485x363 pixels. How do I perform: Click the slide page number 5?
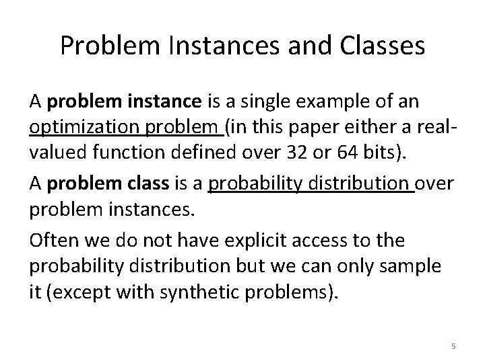pyautogui.click(x=453, y=346)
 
